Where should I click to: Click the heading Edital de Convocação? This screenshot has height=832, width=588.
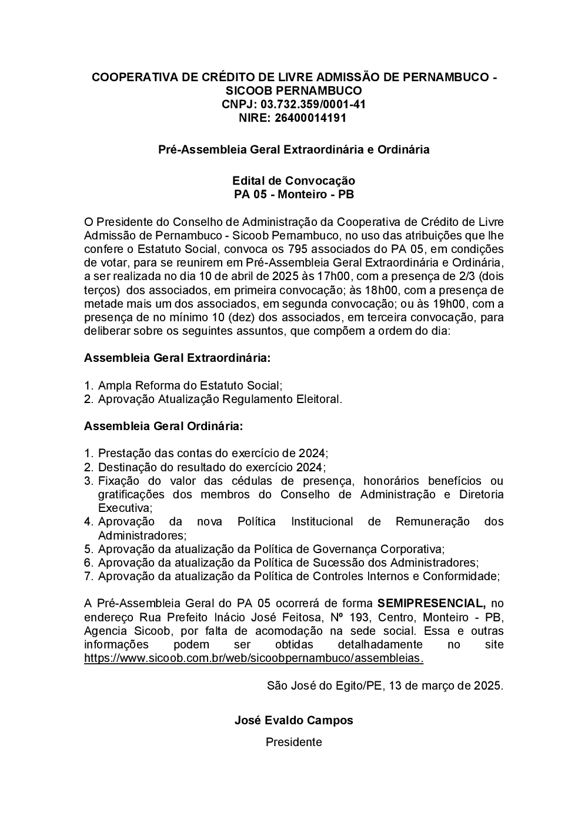point(293,181)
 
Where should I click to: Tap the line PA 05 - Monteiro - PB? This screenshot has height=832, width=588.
point(293,194)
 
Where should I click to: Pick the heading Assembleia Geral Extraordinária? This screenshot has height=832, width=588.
point(177,358)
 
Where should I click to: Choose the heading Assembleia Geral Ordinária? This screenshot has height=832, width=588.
point(163,426)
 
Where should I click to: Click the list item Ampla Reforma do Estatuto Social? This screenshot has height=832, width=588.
point(190,385)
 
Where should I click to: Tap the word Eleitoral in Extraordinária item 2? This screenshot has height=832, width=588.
point(318,399)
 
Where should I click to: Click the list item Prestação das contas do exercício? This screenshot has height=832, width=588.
point(212,454)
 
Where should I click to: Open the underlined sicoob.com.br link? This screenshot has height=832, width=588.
point(253,658)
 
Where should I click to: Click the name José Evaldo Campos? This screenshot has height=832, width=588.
point(293,720)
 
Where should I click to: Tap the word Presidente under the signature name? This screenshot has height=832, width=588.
point(293,742)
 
